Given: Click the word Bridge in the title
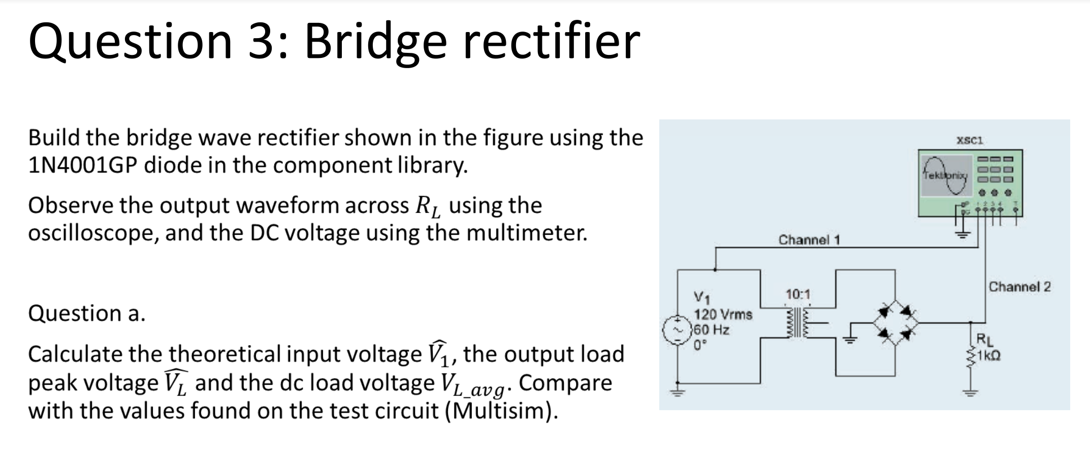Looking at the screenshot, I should (x=375, y=42).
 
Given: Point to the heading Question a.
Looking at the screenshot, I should (x=86, y=313).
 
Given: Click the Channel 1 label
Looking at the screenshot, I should (x=809, y=239).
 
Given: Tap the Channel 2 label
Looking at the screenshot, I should (x=1019, y=287).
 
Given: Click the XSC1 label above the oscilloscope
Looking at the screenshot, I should (x=970, y=140).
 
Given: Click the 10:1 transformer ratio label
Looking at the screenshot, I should (x=798, y=294).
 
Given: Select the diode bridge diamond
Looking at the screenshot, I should (x=895, y=323).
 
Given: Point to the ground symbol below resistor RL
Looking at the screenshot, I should (x=971, y=392).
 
